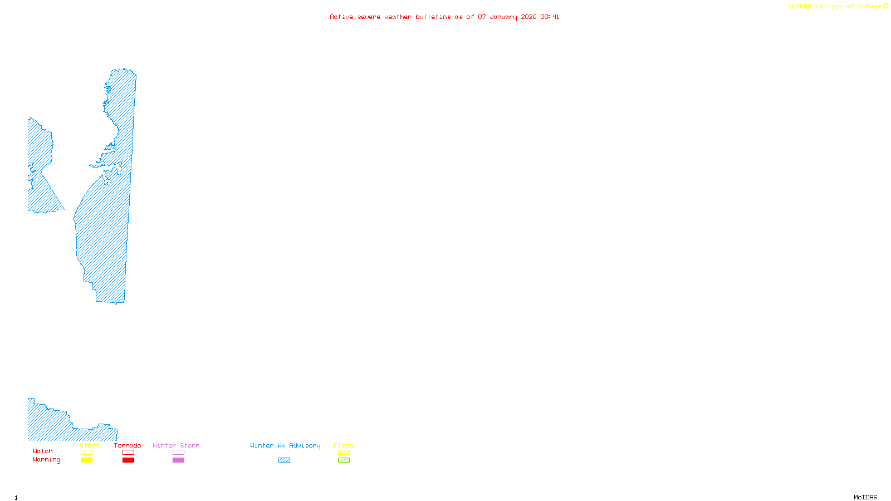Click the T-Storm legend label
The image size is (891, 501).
tap(86, 445)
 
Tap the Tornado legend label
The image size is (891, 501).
tap(128, 445)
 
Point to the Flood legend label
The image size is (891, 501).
tap(344, 445)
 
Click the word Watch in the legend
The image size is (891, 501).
tap(43, 451)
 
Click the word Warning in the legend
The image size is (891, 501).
tap(47, 460)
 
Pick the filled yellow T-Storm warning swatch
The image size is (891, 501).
tap(86, 460)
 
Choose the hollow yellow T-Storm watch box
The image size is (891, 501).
tap(86, 453)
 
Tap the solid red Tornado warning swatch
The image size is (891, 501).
tap(129, 460)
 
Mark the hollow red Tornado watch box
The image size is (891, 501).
tap(129, 453)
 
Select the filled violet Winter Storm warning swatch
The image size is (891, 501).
tap(178, 460)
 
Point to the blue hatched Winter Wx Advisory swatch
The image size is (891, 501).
tap(284, 460)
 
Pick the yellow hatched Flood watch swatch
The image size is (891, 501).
tap(344, 453)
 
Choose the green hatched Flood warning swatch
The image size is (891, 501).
tap(344, 460)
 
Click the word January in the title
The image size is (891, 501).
tap(503, 17)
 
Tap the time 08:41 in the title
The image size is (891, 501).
tap(550, 17)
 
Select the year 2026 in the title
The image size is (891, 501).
tap(529, 17)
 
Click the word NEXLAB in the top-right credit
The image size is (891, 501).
tap(800, 7)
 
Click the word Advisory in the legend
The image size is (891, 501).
tap(305, 446)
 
